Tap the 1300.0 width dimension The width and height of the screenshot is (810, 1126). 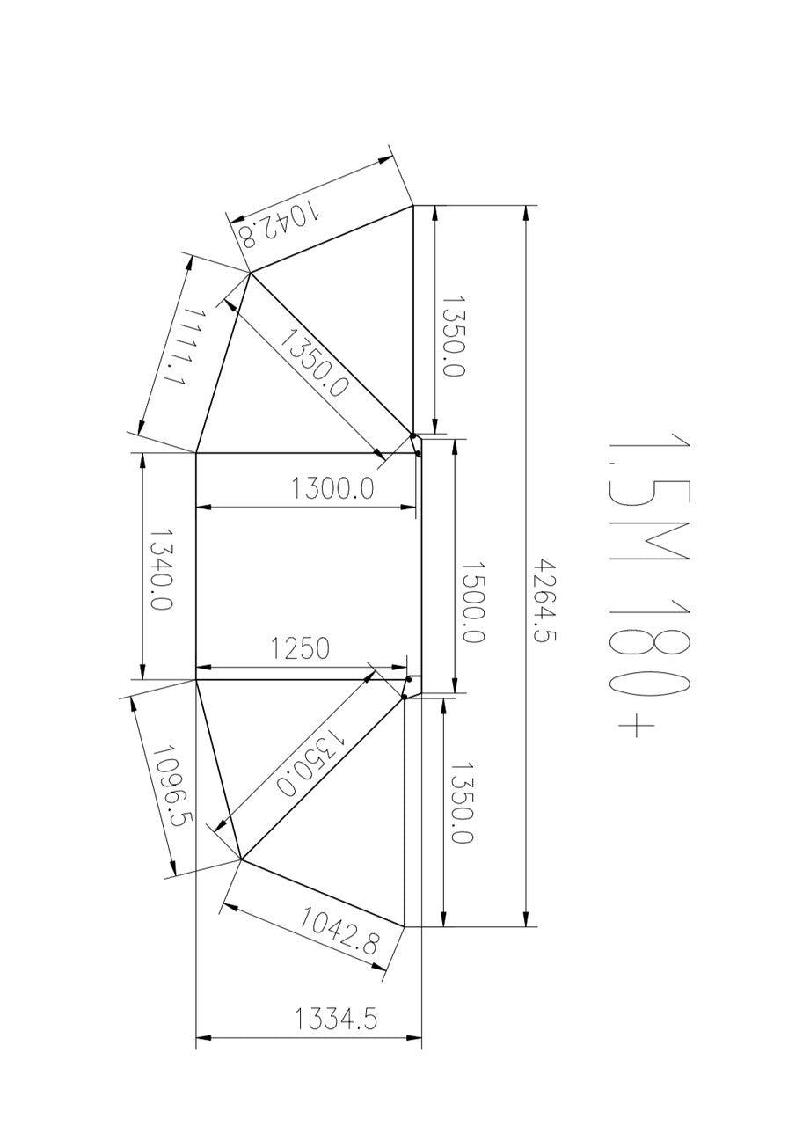333,487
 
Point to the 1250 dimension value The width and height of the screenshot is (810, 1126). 300,648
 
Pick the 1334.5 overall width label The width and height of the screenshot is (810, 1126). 336,1020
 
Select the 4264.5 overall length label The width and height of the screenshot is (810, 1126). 546,602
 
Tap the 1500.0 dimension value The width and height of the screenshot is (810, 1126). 472,603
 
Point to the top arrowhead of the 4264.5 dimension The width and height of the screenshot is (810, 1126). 526,213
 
